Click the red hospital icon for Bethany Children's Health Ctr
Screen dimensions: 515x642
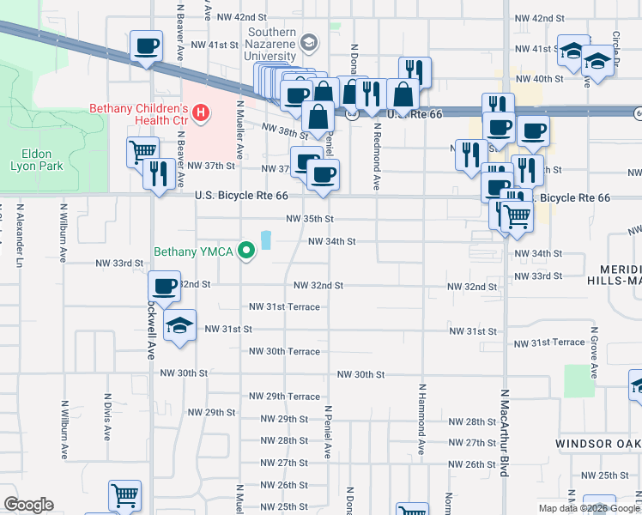point(200,112)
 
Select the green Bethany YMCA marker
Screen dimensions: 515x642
point(247,251)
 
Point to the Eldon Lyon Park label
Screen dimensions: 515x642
point(37,160)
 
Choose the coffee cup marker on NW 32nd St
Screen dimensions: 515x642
point(164,286)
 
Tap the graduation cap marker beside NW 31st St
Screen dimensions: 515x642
point(179,327)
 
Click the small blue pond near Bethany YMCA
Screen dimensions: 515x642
point(266,239)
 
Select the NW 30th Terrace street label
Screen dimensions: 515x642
point(284,351)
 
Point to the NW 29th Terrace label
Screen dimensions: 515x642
point(284,397)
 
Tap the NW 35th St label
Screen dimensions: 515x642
point(309,219)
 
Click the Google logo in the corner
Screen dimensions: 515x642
point(28,505)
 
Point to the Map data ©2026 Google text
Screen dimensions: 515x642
point(589,508)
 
